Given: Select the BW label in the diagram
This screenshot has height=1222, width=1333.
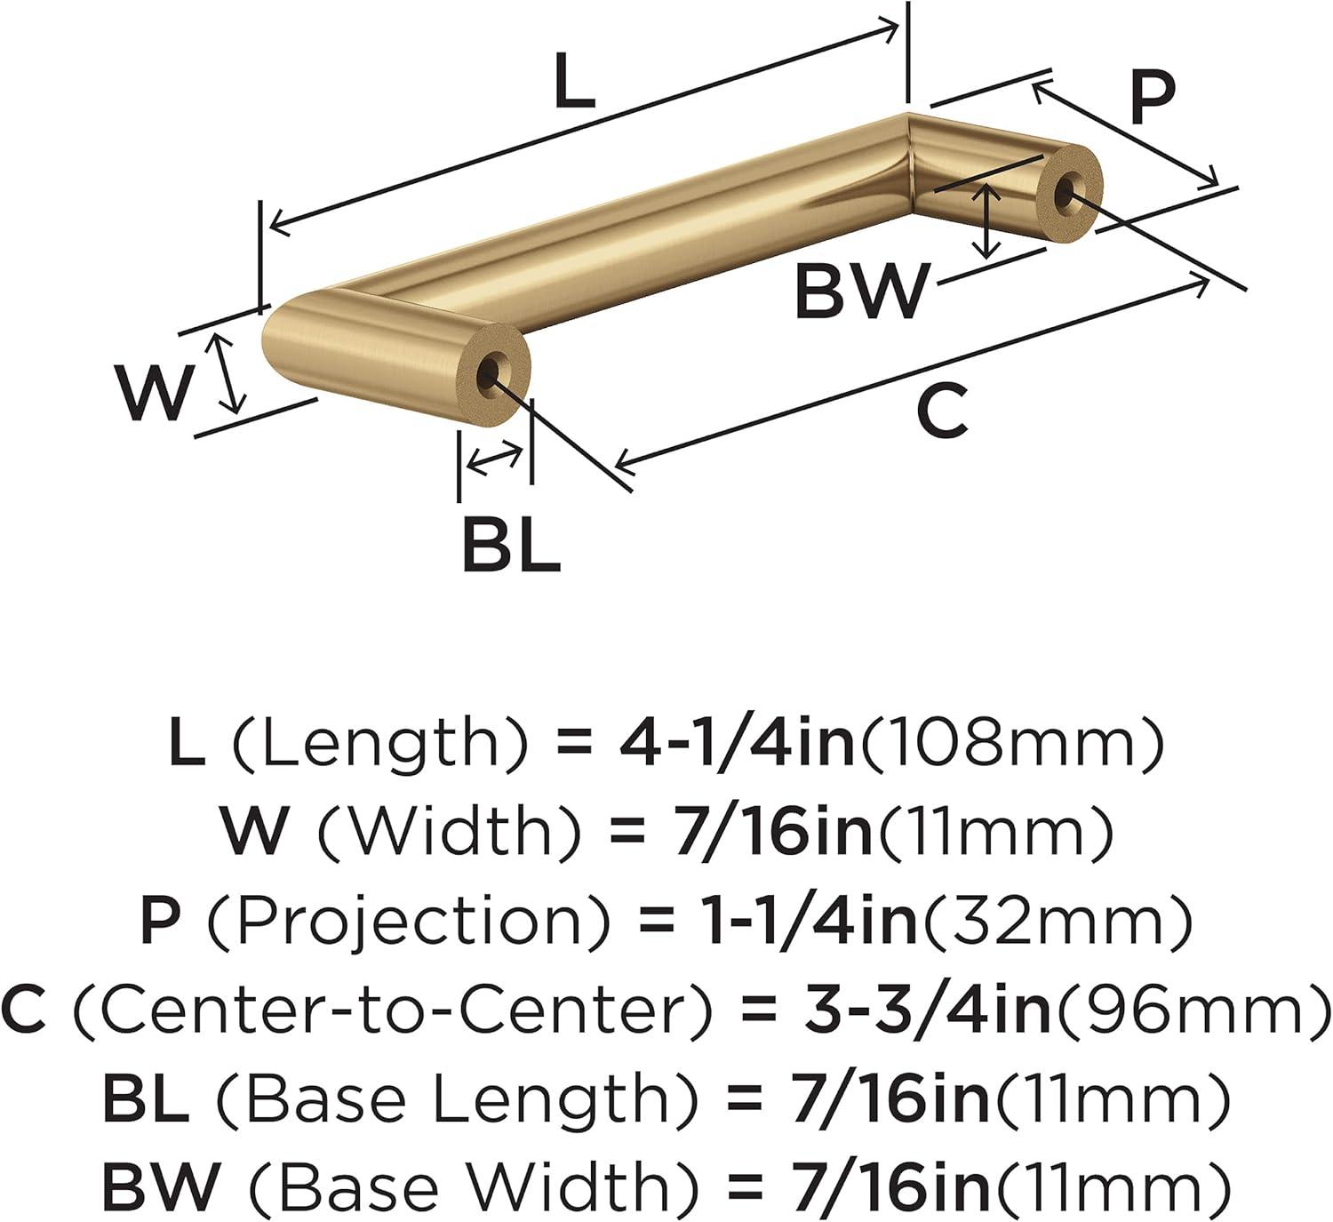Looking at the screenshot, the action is pos(862,291).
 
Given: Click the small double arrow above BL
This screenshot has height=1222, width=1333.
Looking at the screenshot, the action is pos(495,459).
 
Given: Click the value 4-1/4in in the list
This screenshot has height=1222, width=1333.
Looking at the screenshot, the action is pos(737,743).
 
